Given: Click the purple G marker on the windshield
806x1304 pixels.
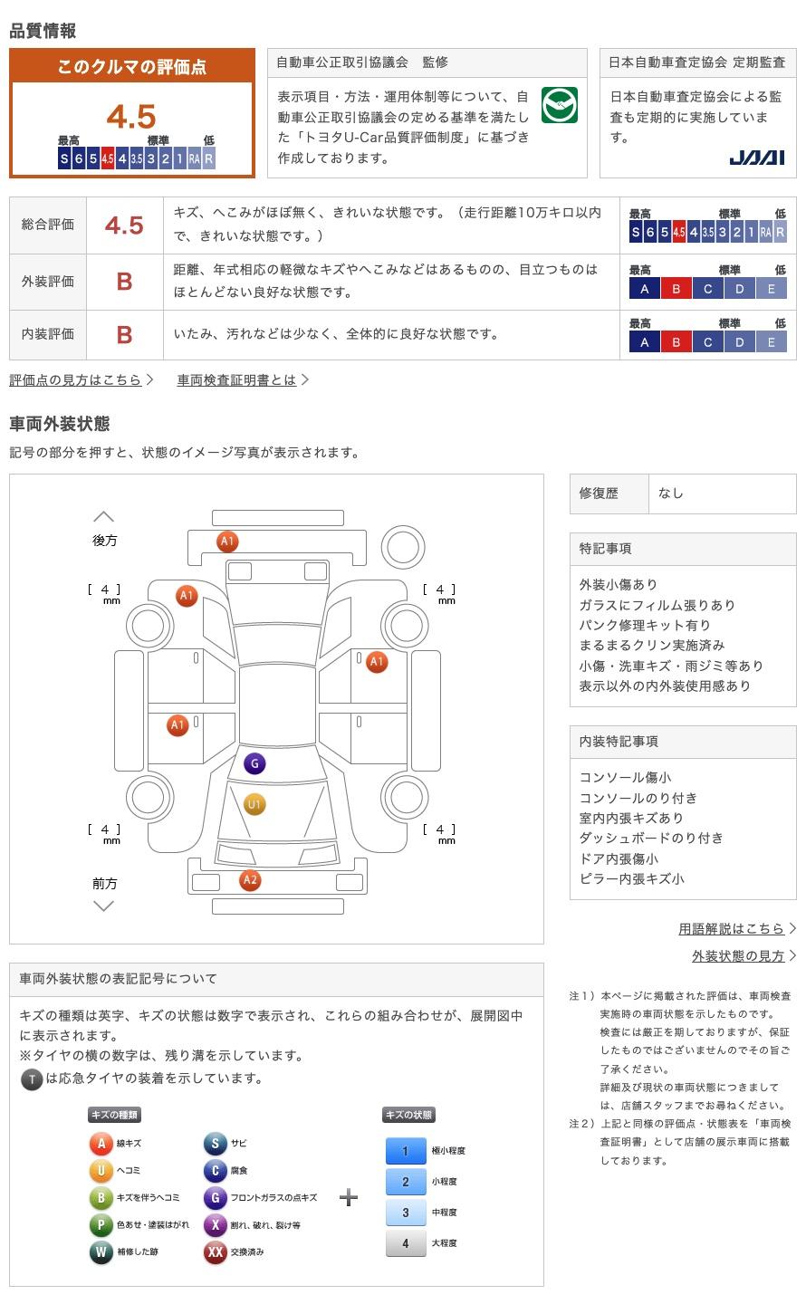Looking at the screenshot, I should pyautogui.click(x=254, y=763).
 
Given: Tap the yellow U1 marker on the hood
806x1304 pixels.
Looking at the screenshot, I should pyautogui.click(x=254, y=804).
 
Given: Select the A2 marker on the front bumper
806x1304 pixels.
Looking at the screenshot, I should pyautogui.click(x=250, y=879).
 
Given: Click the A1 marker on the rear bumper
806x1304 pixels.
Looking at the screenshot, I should pyautogui.click(x=227, y=542).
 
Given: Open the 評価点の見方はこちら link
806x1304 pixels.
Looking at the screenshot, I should pyautogui.click(x=76, y=380).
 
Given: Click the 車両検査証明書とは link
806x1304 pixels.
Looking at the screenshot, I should pyautogui.click(x=237, y=380).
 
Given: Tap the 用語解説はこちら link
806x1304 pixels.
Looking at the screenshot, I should pyautogui.click(x=731, y=928).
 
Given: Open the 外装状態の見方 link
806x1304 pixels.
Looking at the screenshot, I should pyautogui.click(x=738, y=956).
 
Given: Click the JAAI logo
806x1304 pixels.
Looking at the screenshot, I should pyautogui.click(x=757, y=158).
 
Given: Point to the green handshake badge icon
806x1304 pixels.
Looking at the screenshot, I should pyautogui.click(x=560, y=106).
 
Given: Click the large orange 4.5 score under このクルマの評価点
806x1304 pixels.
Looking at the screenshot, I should pyautogui.click(x=131, y=117).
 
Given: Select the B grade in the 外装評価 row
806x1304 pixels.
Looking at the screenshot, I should pyautogui.click(x=125, y=282).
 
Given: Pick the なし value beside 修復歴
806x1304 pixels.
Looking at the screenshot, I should pyautogui.click(x=671, y=494).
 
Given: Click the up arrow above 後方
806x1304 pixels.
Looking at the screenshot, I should pyautogui.click(x=104, y=516).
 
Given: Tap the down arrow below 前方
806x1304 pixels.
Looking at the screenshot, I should pyautogui.click(x=104, y=906).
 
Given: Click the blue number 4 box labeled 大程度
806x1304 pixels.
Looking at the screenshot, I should pyautogui.click(x=406, y=1242).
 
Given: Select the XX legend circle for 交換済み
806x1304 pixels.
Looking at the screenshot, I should pyautogui.click(x=215, y=1251).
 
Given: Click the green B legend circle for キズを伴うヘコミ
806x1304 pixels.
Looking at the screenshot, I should pyautogui.click(x=101, y=1198).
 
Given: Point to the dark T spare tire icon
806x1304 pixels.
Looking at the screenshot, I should pyautogui.click(x=32, y=1079).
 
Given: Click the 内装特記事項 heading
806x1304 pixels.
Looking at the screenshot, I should pyautogui.click(x=619, y=742).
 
